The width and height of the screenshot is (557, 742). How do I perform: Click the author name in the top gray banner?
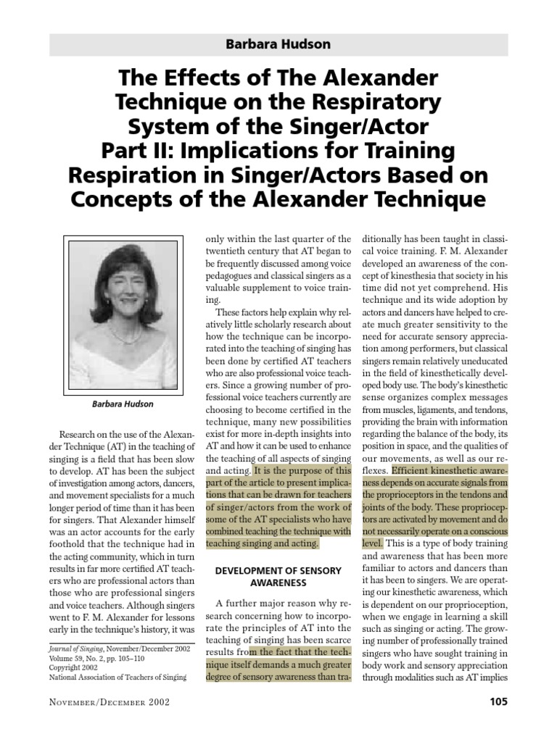[278, 45]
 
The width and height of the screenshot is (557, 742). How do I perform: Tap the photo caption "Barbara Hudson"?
[122, 404]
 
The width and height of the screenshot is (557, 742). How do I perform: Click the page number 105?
[498, 701]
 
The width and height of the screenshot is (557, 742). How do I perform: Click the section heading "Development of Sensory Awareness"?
[278, 576]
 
